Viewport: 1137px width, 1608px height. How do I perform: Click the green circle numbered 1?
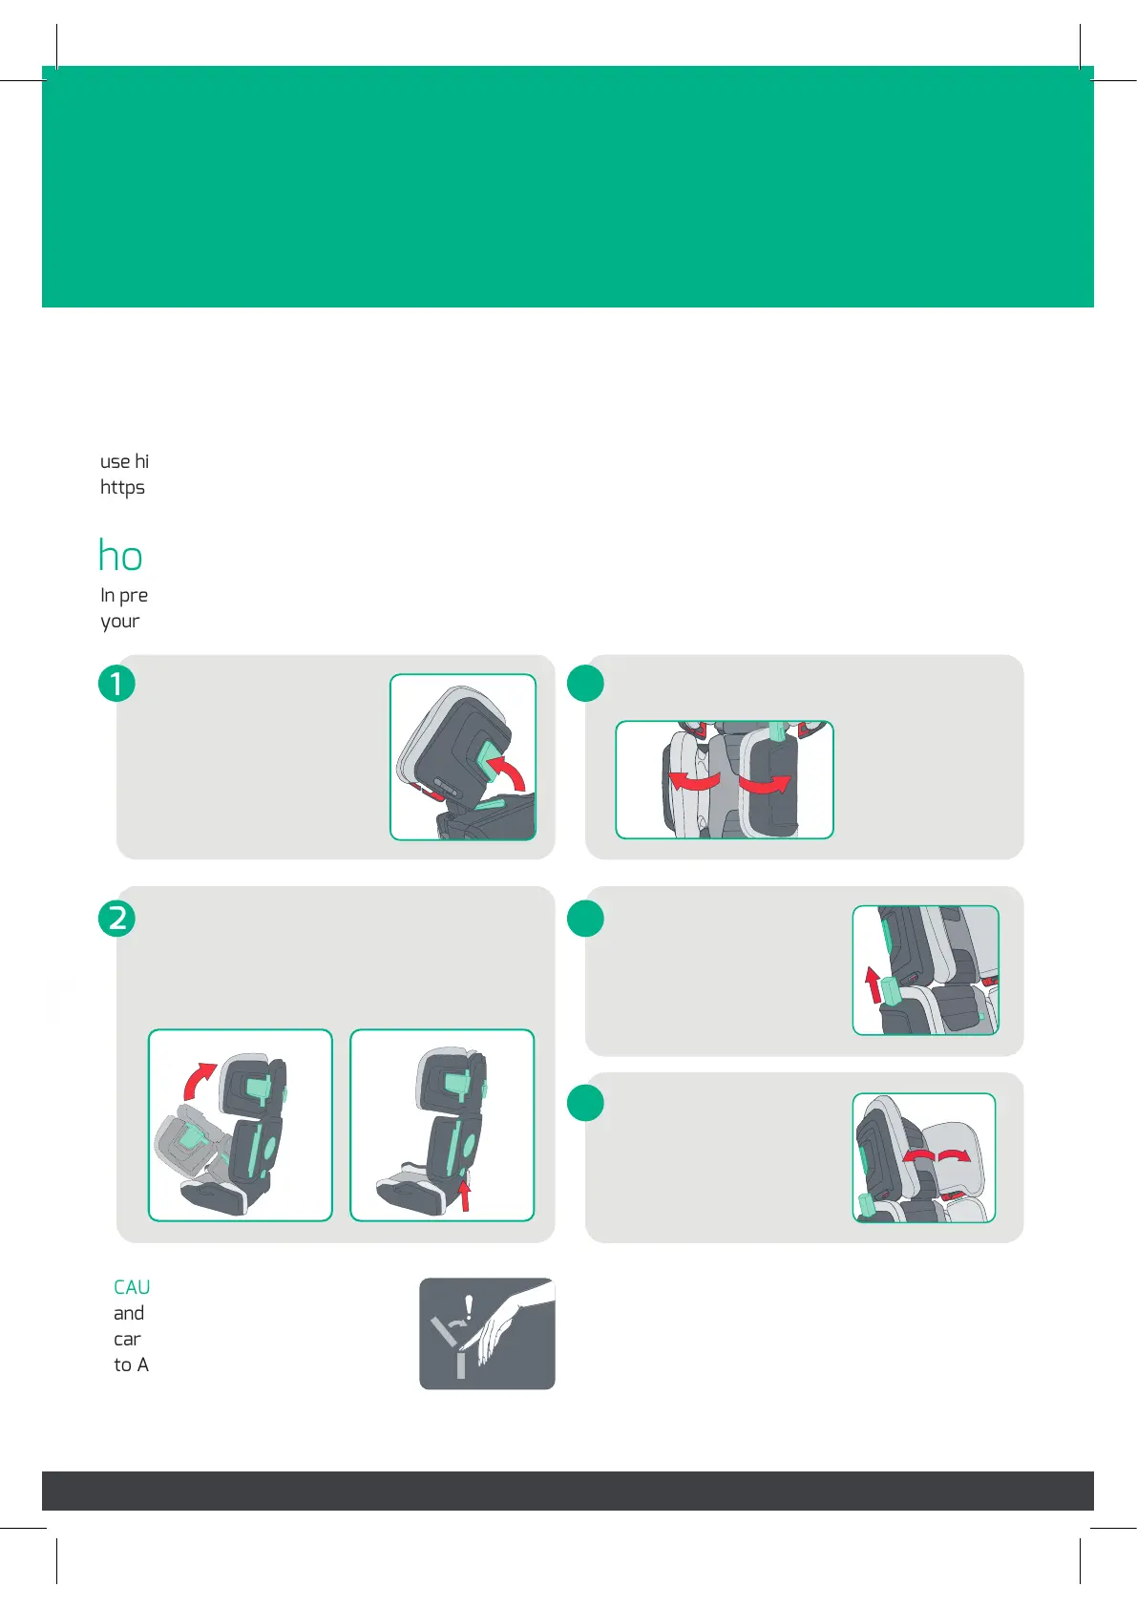point(116,684)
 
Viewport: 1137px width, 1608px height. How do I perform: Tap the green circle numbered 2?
point(116,918)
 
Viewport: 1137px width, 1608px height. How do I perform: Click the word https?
point(122,487)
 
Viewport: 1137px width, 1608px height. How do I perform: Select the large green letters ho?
point(120,556)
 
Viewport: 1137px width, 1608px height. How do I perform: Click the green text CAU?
point(132,1287)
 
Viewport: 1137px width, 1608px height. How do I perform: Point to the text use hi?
point(124,461)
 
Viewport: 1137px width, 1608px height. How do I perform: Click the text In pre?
point(124,595)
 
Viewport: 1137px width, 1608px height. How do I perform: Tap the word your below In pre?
point(120,622)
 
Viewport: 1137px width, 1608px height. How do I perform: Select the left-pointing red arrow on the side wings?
point(694,780)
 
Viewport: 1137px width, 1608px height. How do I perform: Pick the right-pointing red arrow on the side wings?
point(765,783)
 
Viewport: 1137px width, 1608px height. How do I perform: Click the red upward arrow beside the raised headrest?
point(873,984)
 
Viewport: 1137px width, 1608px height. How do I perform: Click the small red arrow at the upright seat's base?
point(465,1195)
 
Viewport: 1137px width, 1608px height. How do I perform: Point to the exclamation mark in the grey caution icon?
point(468,1307)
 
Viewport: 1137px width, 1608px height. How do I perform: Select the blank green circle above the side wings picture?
point(585,684)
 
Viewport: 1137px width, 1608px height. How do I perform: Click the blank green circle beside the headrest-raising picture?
point(585,918)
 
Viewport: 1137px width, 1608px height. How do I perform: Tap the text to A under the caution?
point(131,1365)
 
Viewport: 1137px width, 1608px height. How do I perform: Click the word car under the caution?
point(127,1340)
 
